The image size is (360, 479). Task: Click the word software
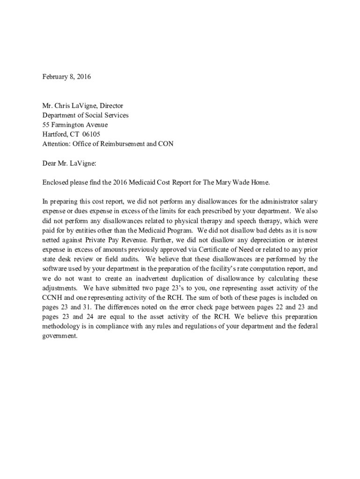pyautogui.click(x=55, y=269)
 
